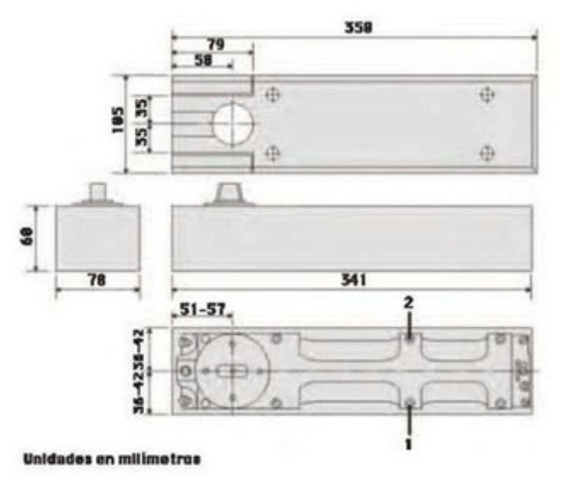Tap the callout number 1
pos(409,442)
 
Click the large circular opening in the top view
pos(233,125)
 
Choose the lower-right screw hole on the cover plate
pos(486,153)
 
